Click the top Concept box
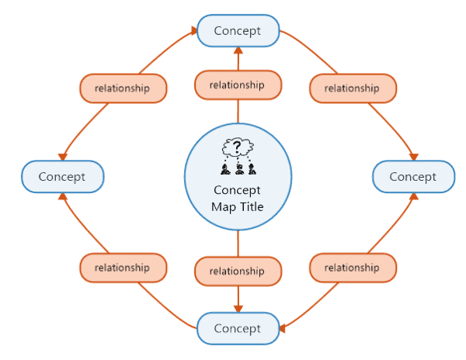coord(237,31)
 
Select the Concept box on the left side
coord(61,176)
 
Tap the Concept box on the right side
coord(412,176)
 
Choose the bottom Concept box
coord(237,328)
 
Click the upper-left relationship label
coord(122,88)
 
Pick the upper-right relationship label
coord(352,88)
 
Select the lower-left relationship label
coord(122,268)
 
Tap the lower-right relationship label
coord(352,268)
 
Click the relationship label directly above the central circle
coord(237,85)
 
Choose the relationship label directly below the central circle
coord(237,272)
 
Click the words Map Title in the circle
coord(237,206)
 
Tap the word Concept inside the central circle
coord(237,191)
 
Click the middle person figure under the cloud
coord(237,167)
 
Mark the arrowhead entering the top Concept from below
coord(237,50)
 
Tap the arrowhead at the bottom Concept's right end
coord(283,329)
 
